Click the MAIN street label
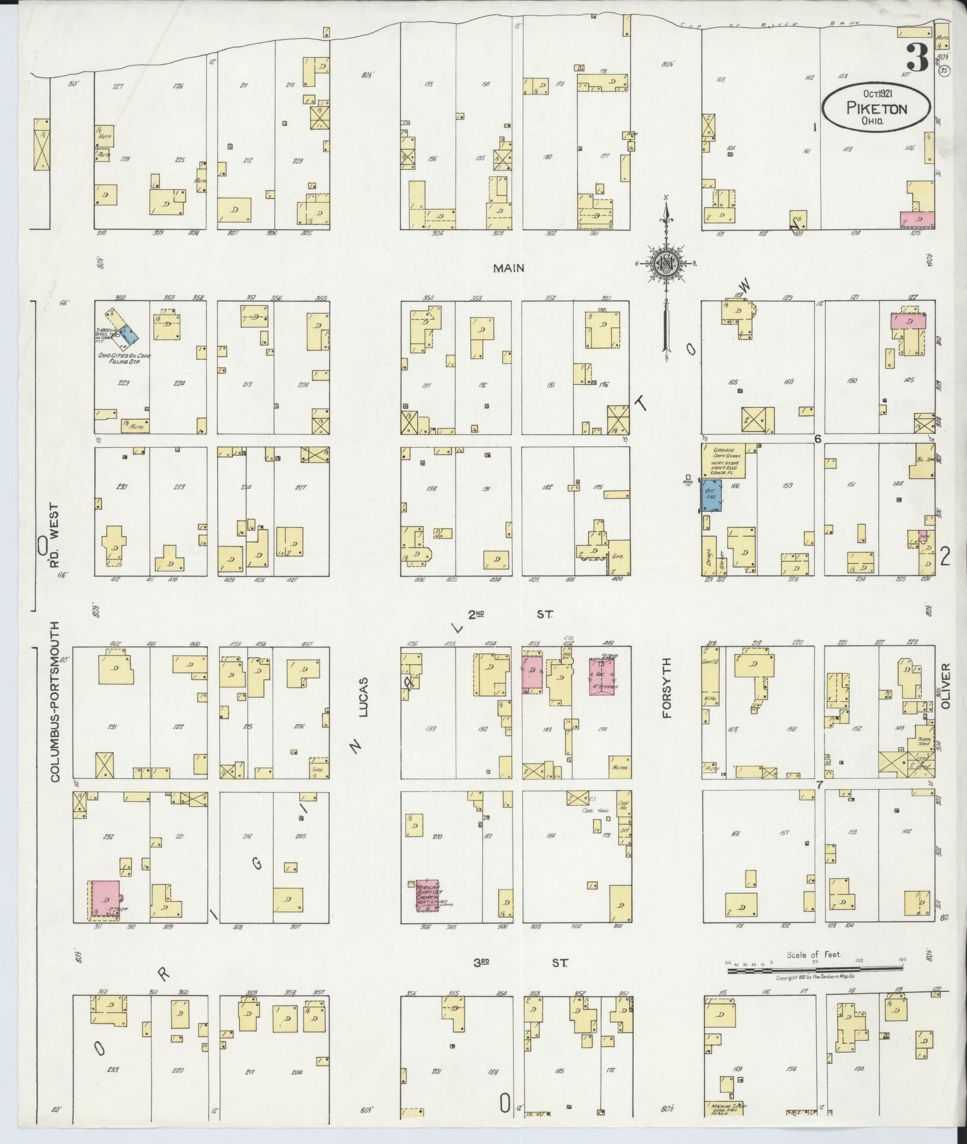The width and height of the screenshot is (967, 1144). (508, 268)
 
